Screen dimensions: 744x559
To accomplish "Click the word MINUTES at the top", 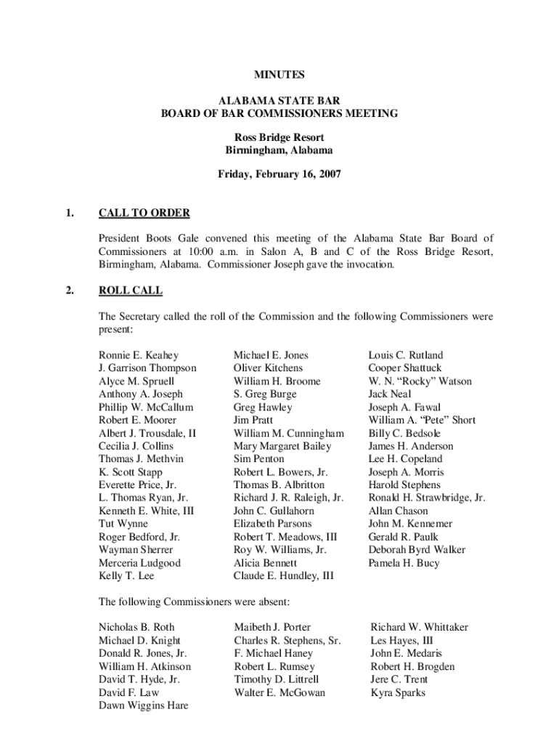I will click(279, 75).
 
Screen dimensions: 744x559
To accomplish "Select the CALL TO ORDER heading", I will click(144, 213).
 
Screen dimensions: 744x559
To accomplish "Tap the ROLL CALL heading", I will click(131, 291).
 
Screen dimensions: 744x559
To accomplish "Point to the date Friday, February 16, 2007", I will click(279, 174).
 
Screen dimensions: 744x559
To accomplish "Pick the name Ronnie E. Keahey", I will click(139, 355).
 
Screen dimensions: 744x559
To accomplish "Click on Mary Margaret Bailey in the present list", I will click(282, 446).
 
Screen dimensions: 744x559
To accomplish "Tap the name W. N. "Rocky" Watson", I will click(420, 381).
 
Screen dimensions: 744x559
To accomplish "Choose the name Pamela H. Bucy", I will click(404, 563).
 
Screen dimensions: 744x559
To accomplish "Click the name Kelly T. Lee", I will click(126, 576).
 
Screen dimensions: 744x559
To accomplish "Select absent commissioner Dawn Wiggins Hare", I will click(143, 705).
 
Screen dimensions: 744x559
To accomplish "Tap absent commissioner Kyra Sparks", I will click(398, 692).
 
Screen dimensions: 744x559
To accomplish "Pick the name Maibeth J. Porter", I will click(272, 627).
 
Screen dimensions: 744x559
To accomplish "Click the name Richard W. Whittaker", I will click(419, 627).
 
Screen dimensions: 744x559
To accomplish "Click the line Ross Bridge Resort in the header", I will click(279, 137).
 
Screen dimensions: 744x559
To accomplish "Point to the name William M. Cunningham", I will click(288, 433).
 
